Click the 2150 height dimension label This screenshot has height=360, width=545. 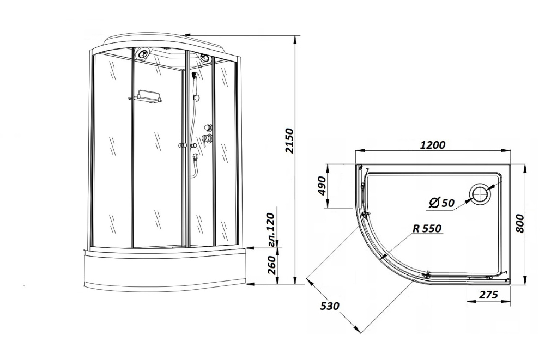289,141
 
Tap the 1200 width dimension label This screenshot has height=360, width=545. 432,144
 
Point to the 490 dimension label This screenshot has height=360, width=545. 322,186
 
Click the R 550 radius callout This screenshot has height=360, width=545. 427,228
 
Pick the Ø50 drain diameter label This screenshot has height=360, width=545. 441,202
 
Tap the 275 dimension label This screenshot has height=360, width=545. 489,295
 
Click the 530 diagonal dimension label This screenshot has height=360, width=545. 330,306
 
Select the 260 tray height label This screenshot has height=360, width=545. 272,265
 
